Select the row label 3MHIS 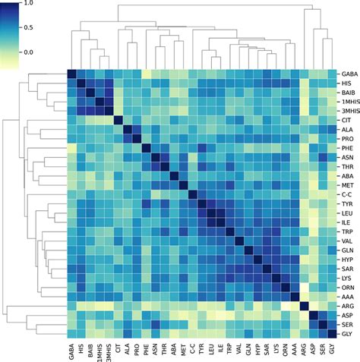pos(347,112)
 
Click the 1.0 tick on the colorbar pos(29,3)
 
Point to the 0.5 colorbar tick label pos(29,27)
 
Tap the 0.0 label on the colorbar pos(29,52)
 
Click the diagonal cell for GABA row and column pos(72,74)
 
